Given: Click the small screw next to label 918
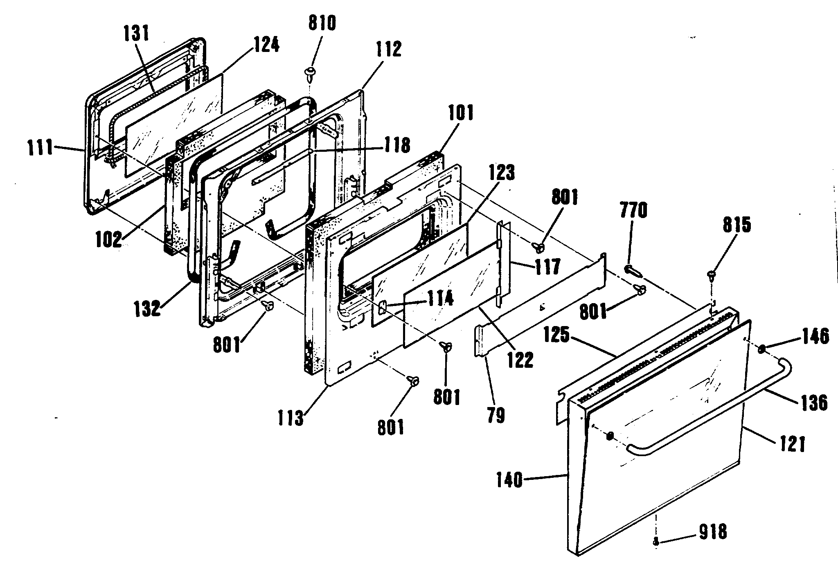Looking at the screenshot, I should [x=656, y=542].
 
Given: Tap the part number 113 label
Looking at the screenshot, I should [x=290, y=419].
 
